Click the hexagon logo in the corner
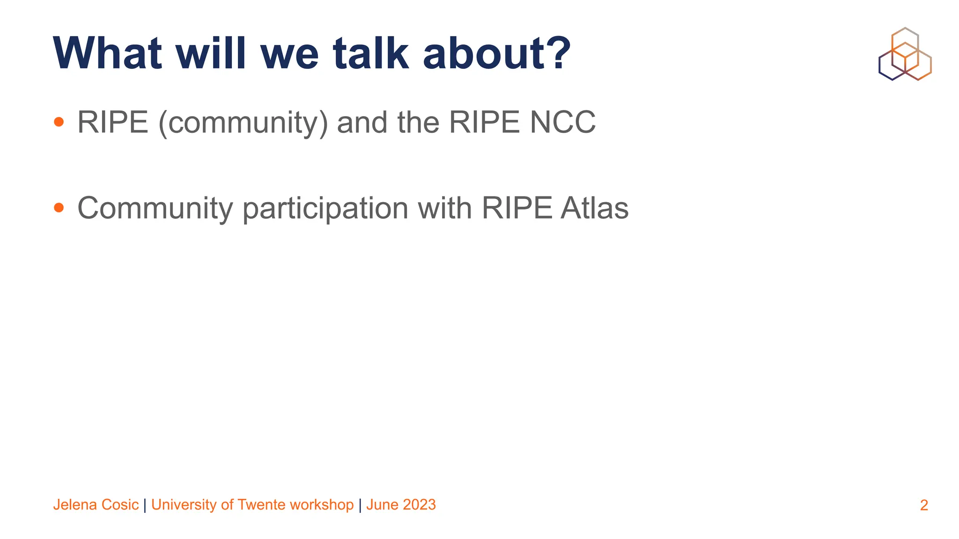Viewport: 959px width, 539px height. click(905, 54)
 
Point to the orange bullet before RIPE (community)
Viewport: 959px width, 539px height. click(59, 122)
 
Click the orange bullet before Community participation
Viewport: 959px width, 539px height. click(59, 208)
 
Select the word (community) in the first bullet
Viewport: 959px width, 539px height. click(243, 123)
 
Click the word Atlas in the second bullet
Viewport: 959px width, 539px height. click(594, 208)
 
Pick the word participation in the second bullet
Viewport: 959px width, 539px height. click(325, 209)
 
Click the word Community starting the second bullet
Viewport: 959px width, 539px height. click(155, 209)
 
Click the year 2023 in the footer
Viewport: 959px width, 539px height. click(419, 505)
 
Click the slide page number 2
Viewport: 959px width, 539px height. click(924, 505)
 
